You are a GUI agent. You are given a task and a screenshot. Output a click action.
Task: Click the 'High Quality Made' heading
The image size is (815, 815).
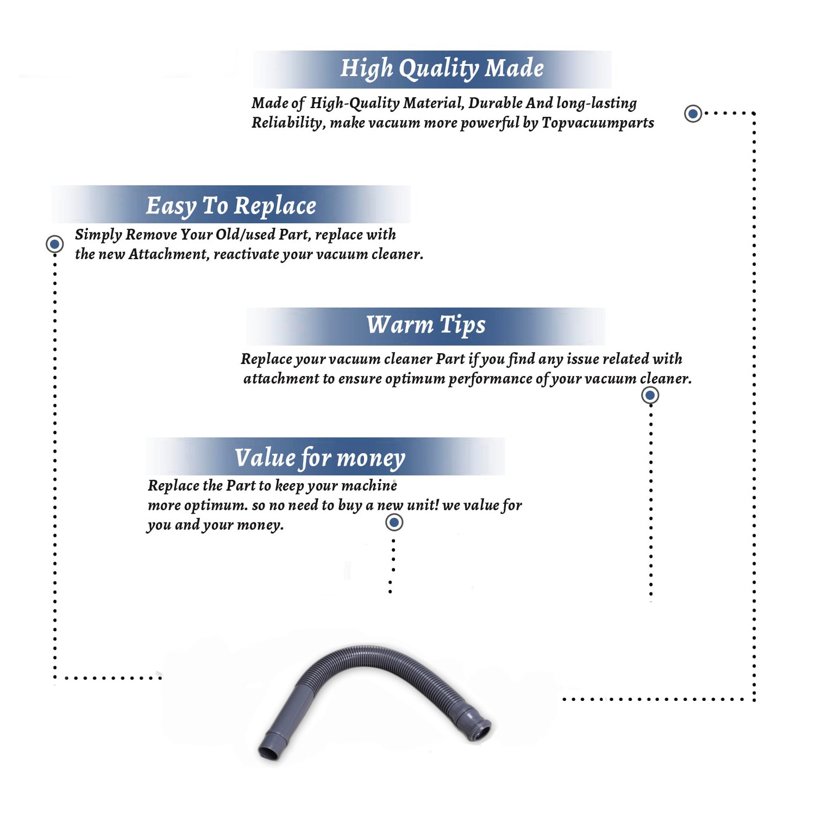click(442, 69)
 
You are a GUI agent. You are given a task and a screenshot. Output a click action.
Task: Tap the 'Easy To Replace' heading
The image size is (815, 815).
click(231, 206)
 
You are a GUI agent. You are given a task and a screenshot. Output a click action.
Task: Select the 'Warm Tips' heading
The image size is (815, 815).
click(426, 325)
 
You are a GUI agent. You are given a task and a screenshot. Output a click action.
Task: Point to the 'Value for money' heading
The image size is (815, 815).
click(320, 458)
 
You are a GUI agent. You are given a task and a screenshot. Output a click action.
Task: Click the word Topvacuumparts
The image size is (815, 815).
click(598, 123)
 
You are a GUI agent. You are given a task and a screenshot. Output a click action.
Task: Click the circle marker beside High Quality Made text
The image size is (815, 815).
click(693, 114)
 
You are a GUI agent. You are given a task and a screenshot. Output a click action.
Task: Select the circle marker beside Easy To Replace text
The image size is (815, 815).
click(54, 244)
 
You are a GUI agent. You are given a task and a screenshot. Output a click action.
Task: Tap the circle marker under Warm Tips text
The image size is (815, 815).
click(650, 395)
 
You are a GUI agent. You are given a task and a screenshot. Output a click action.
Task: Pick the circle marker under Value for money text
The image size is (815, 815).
click(394, 523)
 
